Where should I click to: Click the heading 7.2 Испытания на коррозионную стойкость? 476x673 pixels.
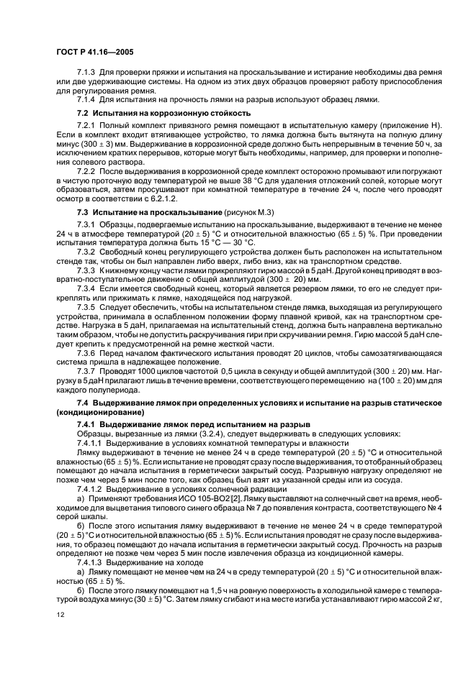(163, 114)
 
